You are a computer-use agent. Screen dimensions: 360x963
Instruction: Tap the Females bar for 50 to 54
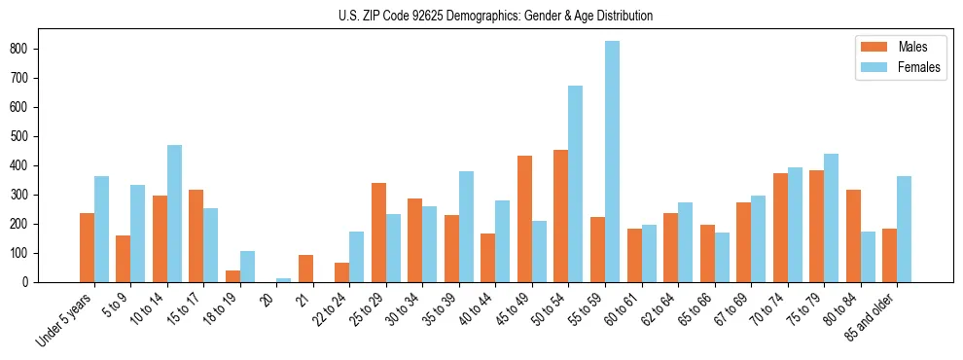click(x=576, y=184)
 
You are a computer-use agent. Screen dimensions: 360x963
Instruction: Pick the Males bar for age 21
click(x=305, y=269)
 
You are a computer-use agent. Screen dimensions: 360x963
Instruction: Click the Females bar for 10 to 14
click(x=174, y=214)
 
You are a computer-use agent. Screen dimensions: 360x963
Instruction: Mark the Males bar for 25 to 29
click(x=378, y=233)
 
